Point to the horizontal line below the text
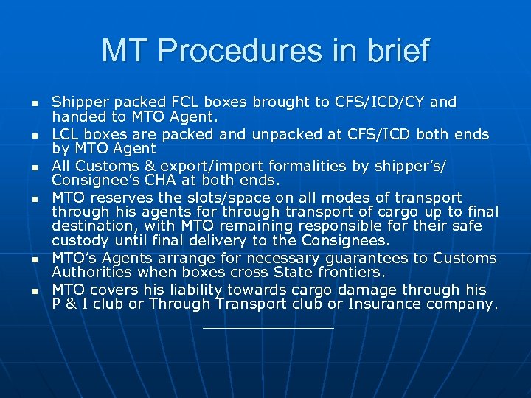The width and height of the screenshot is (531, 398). click(x=268, y=328)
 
